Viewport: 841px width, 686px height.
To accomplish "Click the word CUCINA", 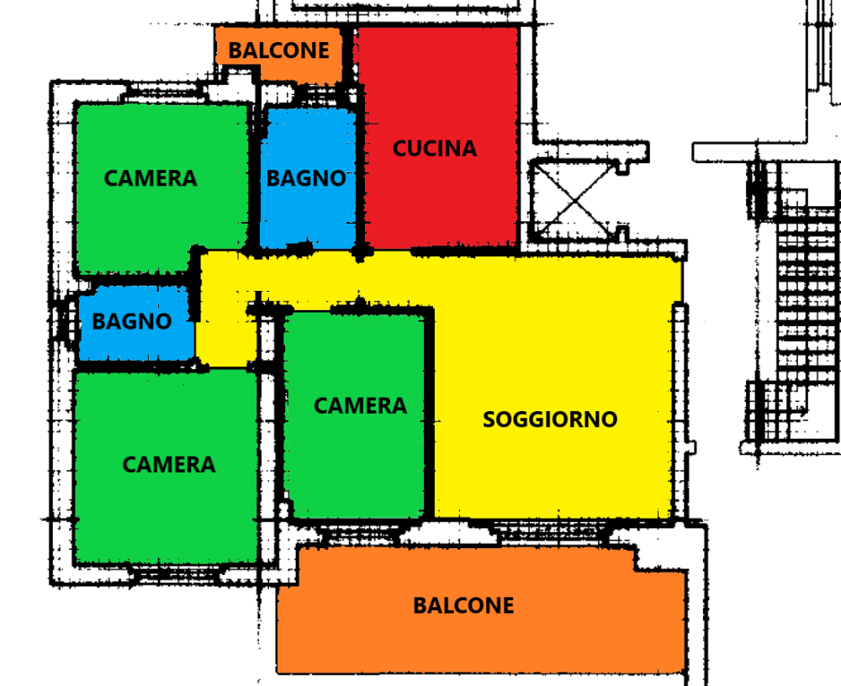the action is click(435, 149).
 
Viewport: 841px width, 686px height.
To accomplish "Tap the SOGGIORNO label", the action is click(550, 420).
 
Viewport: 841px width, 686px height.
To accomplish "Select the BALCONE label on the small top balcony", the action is click(279, 50).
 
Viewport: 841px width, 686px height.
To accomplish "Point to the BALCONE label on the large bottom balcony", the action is click(463, 605).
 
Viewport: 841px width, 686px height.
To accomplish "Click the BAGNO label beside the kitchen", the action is click(306, 178).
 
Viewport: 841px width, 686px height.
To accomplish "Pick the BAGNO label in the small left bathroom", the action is click(132, 321).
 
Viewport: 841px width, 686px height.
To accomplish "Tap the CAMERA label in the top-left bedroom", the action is click(151, 178).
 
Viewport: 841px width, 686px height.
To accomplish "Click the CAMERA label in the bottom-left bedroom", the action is click(169, 465).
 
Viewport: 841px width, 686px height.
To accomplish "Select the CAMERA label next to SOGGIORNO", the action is click(361, 405).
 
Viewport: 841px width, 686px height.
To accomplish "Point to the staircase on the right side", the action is click(799, 306).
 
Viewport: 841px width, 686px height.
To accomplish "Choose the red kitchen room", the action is click(437, 139).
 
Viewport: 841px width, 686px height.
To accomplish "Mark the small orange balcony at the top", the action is click(279, 54).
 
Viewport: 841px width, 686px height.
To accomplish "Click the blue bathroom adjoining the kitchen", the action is click(308, 178).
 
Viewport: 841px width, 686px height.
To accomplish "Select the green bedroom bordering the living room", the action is click(354, 415).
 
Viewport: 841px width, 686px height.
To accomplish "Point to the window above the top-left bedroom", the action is click(164, 97).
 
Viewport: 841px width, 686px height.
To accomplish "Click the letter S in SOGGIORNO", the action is click(489, 420).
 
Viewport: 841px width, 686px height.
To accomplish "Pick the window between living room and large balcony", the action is click(550, 531).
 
